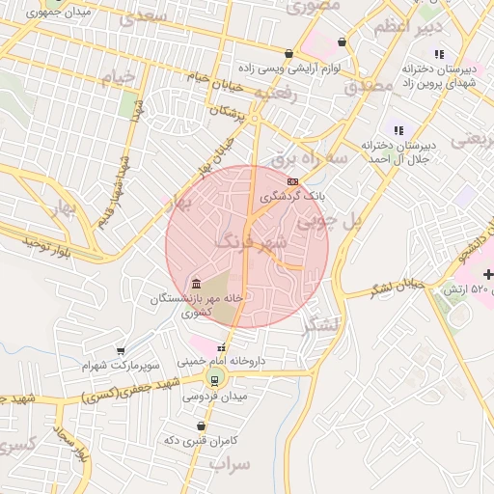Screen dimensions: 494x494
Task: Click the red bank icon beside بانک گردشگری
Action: [292, 179]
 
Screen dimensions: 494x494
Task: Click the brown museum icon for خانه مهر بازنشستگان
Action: [197, 284]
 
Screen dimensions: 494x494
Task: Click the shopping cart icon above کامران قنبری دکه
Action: [201, 425]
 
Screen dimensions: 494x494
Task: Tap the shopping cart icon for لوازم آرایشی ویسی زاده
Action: [288, 54]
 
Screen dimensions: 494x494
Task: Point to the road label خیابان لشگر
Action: [398, 287]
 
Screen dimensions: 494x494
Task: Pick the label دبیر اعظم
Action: [398, 25]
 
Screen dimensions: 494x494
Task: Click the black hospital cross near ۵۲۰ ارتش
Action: [487, 275]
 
